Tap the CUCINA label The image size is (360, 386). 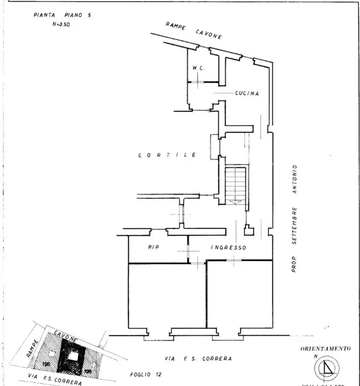(x=247, y=93)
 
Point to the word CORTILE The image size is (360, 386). (x=167, y=155)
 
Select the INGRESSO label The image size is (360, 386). (x=228, y=248)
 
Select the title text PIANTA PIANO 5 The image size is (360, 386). (x=62, y=16)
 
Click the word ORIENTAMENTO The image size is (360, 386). (x=325, y=348)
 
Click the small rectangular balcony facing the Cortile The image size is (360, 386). (x=215, y=144)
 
